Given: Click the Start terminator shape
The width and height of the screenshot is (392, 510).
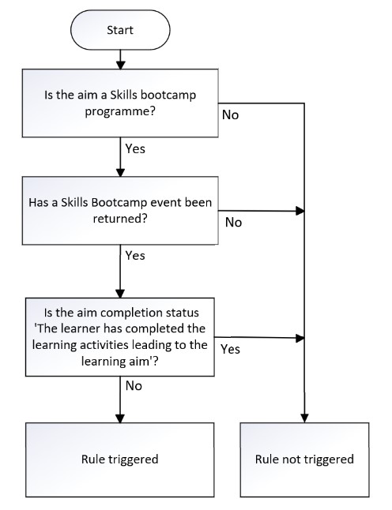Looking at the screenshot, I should pos(119,30).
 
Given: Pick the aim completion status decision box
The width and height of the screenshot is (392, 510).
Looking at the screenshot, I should pos(119,335).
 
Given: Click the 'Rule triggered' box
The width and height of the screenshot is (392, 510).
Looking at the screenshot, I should pos(119,459).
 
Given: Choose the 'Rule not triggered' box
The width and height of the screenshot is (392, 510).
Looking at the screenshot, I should pos(304,459).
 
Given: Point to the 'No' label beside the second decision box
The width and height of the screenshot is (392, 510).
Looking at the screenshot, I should pos(233,223).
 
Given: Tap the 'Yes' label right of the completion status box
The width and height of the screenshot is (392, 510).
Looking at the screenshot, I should pos(231,347).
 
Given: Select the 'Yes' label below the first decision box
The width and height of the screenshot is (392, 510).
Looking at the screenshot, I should pos(136,147).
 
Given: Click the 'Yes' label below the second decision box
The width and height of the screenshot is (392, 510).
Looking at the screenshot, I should pos(136,255).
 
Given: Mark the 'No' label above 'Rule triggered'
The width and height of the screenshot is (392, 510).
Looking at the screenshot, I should pos(134,386).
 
